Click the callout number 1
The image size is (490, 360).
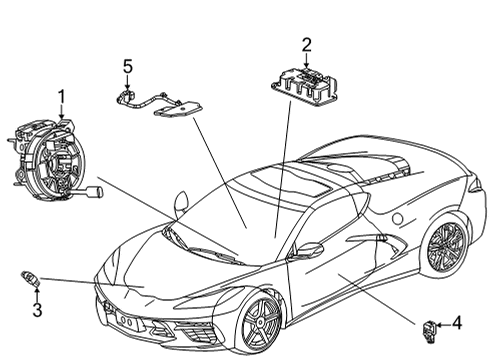pyautogui.click(x=62, y=97)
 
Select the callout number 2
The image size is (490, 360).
pyautogui.click(x=307, y=43)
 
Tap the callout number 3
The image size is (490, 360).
pyautogui.click(x=37, y=310)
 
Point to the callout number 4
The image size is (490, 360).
pyautogui.click(x=456, y=323)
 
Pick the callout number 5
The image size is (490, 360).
pyautogui.click(x=127, y=67)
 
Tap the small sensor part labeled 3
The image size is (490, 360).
pyautogui.click(x=30, y=279)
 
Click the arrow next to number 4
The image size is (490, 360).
pyautogui.click(x=443, y=323)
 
